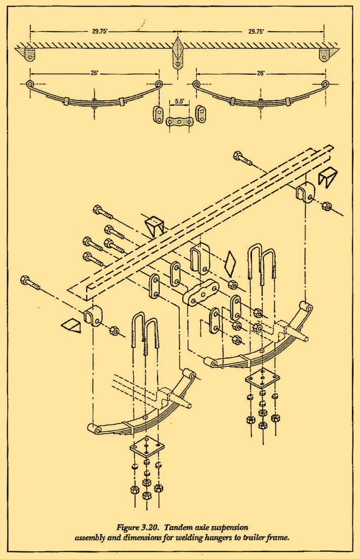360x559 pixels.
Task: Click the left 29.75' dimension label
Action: tap(100, 31)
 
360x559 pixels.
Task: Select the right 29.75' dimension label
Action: tap(256, 31)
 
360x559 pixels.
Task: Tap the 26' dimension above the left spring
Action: tap(94, 73)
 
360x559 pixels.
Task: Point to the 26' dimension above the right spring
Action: tap(261, 73)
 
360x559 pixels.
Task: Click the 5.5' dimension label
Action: tap(179, 101)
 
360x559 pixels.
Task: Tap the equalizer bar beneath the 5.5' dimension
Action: tap(179, 122)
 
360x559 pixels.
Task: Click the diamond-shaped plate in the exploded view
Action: tap(230, 264)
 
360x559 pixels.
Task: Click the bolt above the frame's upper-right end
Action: tap(243, 158)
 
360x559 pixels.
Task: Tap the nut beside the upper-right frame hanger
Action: tap(326, 206)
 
